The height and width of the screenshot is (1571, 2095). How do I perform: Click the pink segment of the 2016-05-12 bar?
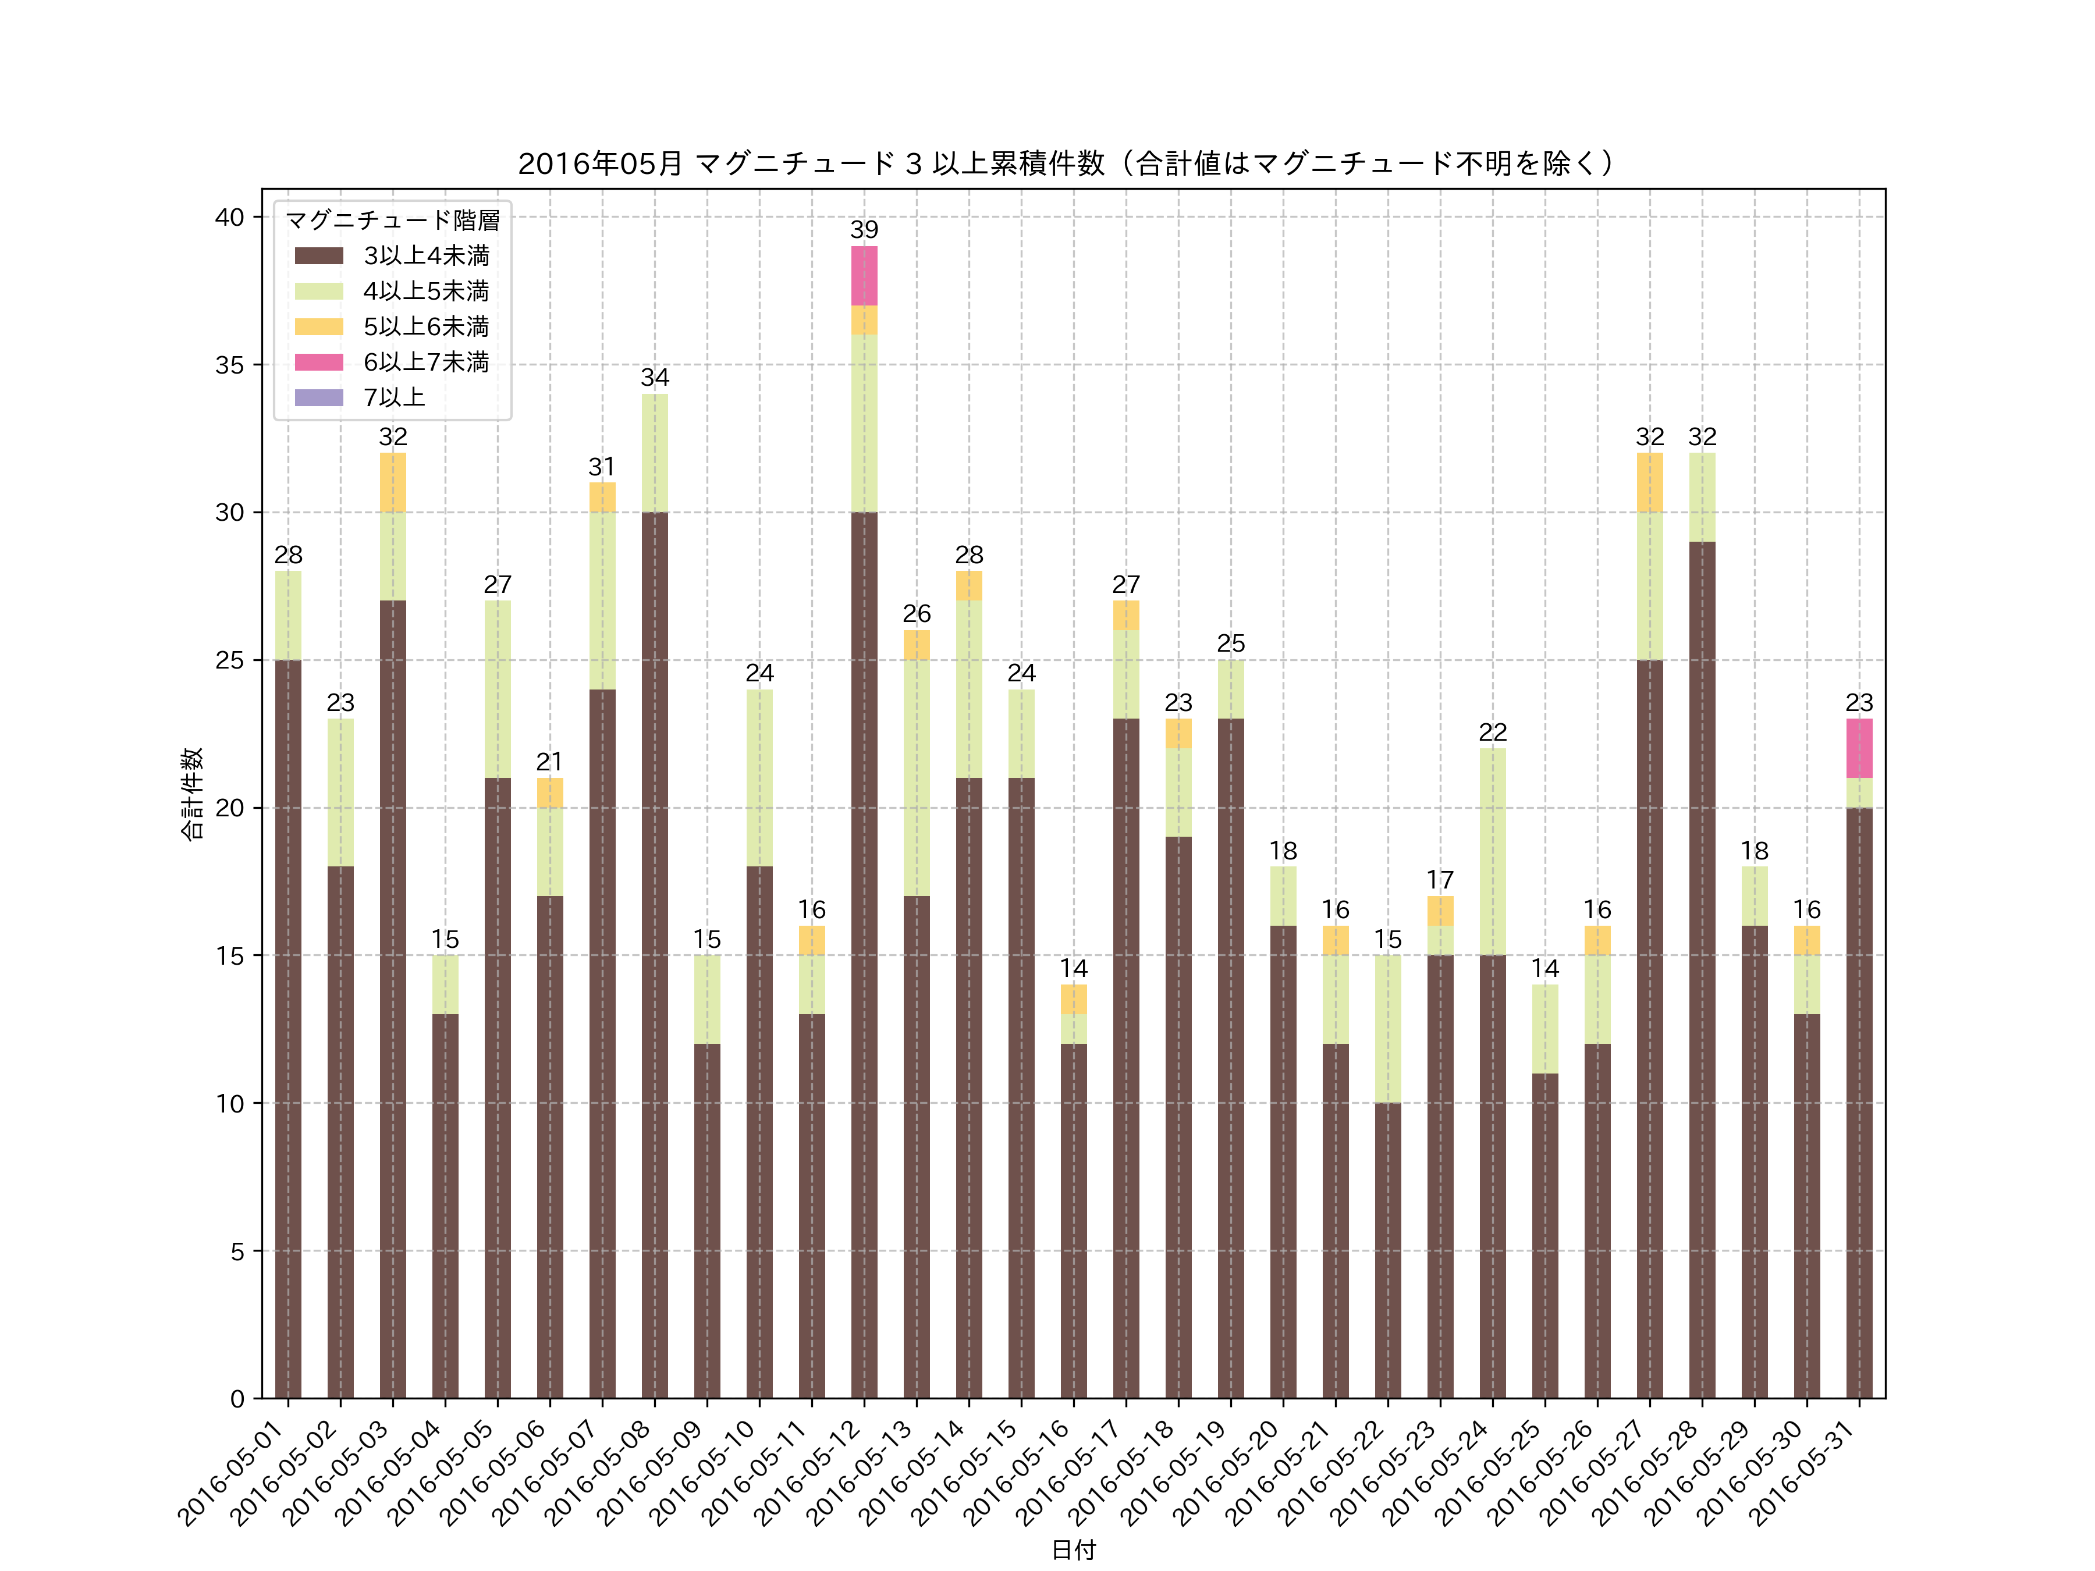click(864, 276)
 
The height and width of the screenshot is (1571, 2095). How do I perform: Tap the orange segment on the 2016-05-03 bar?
click(393, 482)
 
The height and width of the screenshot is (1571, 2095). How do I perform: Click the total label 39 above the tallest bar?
click(864, 230)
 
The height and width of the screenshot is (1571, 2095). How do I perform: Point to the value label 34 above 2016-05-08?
click(655, 378)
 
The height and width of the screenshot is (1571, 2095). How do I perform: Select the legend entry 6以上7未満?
click(426, 362)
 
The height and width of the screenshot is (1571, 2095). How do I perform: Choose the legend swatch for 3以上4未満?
click(318, 255)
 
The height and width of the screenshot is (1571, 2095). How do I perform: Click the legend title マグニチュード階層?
click(392, 221)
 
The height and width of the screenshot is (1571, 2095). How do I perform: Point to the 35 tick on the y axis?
click(229, 365)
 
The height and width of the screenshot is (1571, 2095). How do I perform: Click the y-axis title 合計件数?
click(192, 794)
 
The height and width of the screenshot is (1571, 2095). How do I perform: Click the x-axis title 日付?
click(1073, 1549)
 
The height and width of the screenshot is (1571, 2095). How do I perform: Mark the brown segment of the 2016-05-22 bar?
click(1387, 1250)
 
